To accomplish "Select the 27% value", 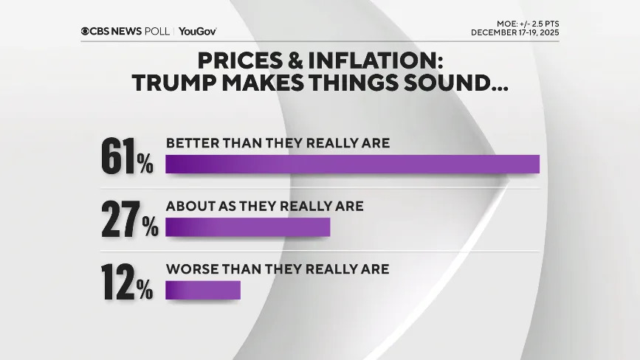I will [129, 220].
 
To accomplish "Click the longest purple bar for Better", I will [352, 164].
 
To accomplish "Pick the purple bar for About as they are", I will [247, 227].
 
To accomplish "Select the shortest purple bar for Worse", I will [203, 290].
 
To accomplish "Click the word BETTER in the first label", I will [191, 142].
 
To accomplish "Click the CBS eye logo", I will [86, 31].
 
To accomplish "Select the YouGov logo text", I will [197, 31].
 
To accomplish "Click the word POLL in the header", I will [158, 31].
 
